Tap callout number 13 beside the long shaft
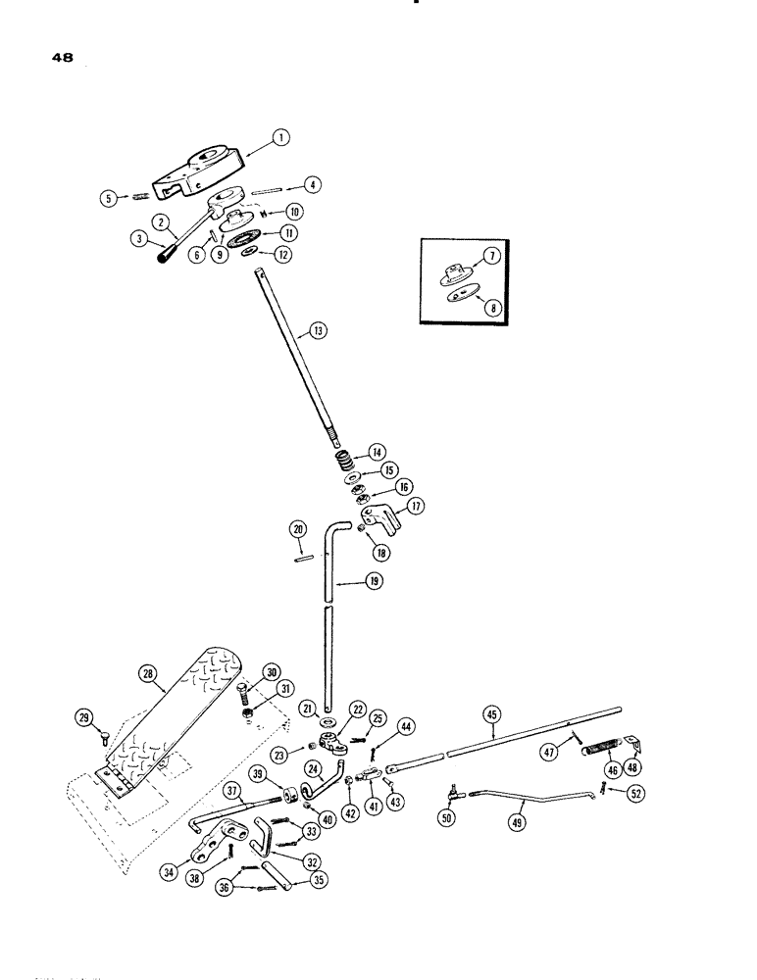click(320, 333)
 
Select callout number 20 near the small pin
click(298, 529)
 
